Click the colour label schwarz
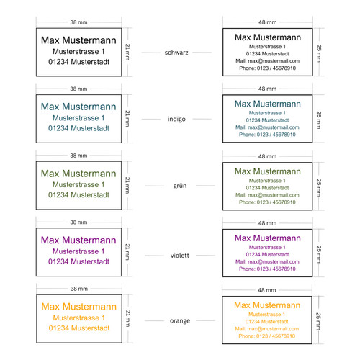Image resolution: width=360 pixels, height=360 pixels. [x=176, y=53]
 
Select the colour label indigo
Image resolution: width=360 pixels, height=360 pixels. [x=176, y=119]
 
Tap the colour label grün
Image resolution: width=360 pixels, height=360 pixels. [x=180, y=186]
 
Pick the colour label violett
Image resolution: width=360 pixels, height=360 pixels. [x=180, y=256]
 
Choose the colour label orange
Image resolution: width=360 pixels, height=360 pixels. [x=180, y=321]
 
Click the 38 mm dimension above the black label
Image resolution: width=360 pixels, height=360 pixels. [x=78, y=22]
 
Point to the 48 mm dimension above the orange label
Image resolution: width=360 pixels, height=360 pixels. [x=267, y=290]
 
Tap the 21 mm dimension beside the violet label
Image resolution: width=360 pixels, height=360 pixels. [x=127, y=252]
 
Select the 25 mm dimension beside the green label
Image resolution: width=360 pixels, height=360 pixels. [x=318, y=188]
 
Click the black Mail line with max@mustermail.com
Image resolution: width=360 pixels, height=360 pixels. [x=267, y=61]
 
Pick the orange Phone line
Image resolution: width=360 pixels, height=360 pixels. [x=267, y=336]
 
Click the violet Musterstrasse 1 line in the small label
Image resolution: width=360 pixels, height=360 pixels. [x=78, y=251]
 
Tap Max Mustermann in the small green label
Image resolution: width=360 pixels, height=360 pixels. [x=78, y=174]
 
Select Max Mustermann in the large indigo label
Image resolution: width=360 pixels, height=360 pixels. [x=268, y=104]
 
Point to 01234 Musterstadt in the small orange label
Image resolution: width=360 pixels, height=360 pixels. [x=79, y=328]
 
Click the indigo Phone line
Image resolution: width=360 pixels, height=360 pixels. [x=267, y=135]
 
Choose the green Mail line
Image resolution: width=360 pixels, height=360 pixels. [x=267, y=195]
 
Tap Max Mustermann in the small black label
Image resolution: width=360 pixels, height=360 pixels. [x=78, y=40]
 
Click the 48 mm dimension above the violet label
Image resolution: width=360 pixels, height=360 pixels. [x=267, y=223]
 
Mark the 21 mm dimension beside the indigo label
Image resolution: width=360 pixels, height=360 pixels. [x=127, y=119]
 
